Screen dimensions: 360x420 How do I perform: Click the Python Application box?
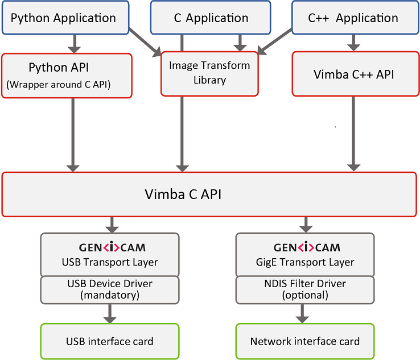pos(63,18)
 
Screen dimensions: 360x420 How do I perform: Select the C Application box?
pos(211,18)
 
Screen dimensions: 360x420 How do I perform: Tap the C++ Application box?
pos(353,18)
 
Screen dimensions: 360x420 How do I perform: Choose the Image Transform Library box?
pos(209,73)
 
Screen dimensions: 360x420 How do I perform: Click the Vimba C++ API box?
pos(353,75)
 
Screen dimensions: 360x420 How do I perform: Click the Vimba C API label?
pos(182,195)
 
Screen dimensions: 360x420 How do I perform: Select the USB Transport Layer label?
pos(110,262)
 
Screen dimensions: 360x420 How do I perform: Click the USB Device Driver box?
pos(110,289)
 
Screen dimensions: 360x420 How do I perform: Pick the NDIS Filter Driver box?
pos(305,289)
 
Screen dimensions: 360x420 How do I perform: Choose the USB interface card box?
pos(110,341)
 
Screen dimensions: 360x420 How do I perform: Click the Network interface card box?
pos(305,341)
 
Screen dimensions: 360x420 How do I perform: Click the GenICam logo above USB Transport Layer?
pos(110,248)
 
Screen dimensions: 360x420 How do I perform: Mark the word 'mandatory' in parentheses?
pos(110,295)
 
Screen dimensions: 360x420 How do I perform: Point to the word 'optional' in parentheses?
pos(305,295)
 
